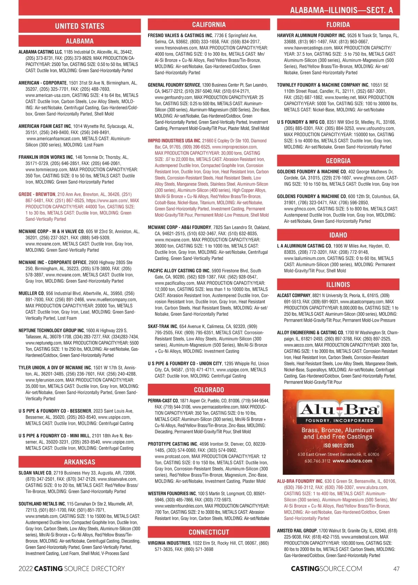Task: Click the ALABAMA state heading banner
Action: [79, 41]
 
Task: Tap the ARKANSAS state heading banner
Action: [79, 462]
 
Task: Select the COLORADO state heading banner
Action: [209, 390]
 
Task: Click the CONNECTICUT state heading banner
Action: [209, 532]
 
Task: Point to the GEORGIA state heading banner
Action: [338, 161]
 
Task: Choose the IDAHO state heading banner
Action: [338, 235]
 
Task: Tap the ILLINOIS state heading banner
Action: [338, 284]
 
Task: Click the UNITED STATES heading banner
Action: [79, 26]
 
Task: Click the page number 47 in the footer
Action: [396, 569]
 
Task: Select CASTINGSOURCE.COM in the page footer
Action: [326, 569]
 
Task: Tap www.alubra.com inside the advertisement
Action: [352, 461]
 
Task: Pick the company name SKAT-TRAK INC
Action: [162, 327]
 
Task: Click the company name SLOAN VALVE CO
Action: [35, 473]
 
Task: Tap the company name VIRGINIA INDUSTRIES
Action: [169, 543]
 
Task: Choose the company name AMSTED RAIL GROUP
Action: [297, 531]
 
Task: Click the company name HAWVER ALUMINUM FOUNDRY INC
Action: [311, 36]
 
